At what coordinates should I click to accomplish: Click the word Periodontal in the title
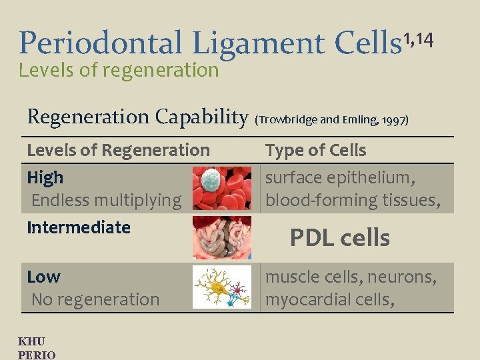pyautogui.click(x=101, y=43)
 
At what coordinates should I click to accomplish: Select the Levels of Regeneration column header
pyautogui.click(x=118, y=151)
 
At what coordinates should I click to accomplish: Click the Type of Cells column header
pyautogui.click(x=316, y=151)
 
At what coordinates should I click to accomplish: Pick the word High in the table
pyautogui.click(x=45, y=177)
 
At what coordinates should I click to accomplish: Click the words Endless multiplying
pyautogui.click(x=106, y=200)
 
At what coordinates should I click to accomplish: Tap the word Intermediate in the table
pyautogui.click(x=79, y=227)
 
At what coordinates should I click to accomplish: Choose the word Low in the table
pyautogui.click(x=43, y=277)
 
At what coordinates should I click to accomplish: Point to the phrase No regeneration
pyautogui.click(x=95, y=299)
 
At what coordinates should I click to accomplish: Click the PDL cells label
pyautogui.click(x=339, y=238)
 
